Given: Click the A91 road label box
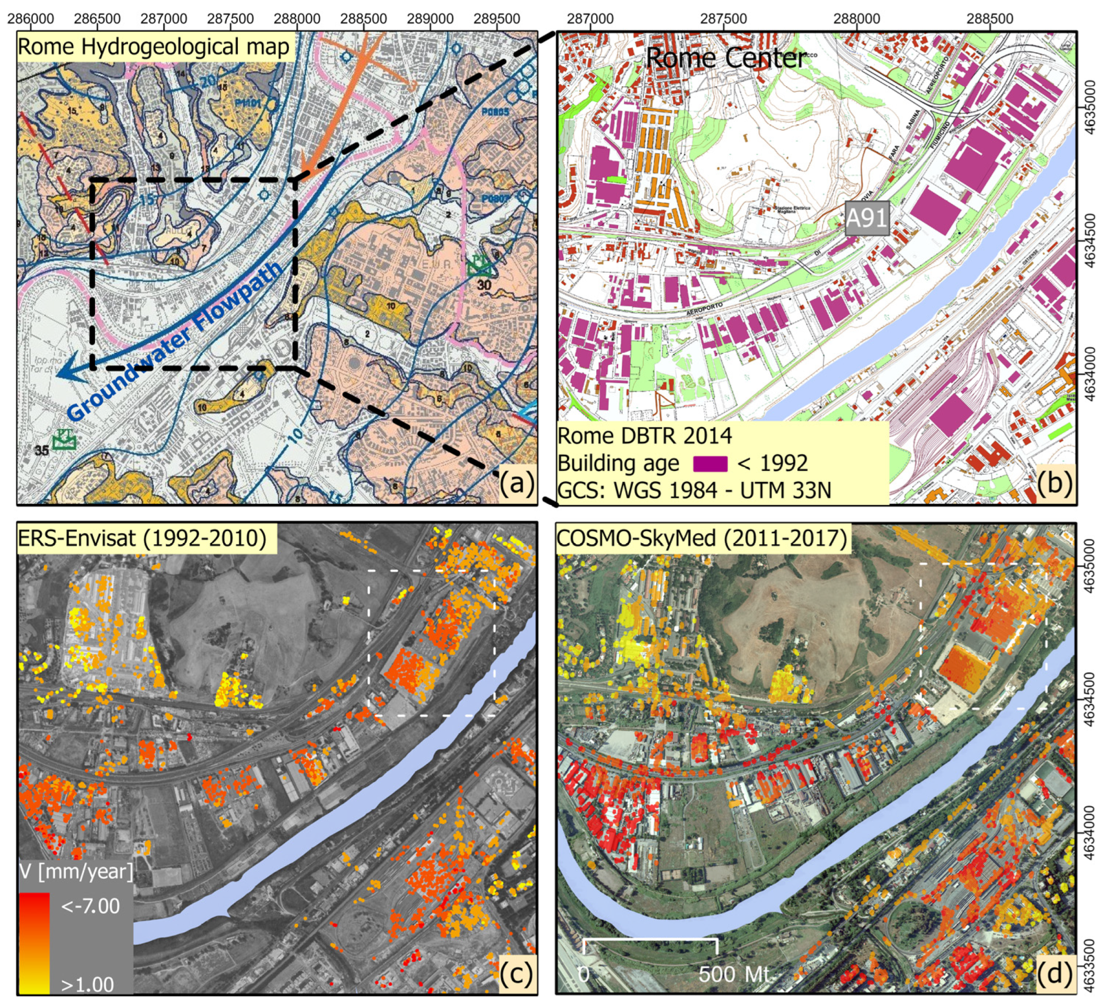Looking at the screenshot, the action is click(x=866, y=218).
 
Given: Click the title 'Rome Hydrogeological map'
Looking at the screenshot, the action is click(x=154, y=47).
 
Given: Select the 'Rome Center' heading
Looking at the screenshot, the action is click(x=725, y=58).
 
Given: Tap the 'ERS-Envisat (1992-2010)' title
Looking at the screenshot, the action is click(x=142, y=538).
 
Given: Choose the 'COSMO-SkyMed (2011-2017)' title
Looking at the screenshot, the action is click(x=701, y=538).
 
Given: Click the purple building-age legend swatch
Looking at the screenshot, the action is click(x=710, y=464).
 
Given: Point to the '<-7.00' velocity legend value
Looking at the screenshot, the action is click(x=90, y=906).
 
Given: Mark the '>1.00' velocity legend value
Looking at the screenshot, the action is click(x=87, y=984).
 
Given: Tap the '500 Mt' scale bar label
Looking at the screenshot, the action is click(x=734, y=973).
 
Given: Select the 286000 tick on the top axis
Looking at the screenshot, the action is click(x=31, y=19).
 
